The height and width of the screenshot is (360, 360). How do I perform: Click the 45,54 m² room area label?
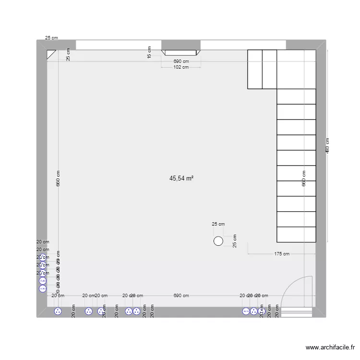tap(181, 178)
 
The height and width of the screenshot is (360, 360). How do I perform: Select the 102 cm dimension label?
tap(180, 67)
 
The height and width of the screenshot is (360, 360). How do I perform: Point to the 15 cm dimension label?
tap(149, 52)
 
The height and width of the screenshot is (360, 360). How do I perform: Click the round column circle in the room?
tap(218, 241)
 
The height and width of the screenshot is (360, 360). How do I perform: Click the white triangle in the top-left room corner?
tap(51, 54)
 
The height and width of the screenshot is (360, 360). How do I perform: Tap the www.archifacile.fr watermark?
tap(331, 348)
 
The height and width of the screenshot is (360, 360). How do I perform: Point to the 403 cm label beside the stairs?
tap(327, 145)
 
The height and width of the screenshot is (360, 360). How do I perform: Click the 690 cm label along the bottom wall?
tap(181, 296)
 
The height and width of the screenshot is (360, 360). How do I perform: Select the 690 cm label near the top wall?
tap(181, 61)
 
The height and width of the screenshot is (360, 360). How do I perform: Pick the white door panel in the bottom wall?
tap(296, 312)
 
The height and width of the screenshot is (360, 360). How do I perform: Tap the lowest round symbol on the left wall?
tap(43, 288)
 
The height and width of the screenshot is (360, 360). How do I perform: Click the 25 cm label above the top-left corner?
tap(51, 37)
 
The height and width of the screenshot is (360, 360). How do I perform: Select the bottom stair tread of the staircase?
tap(296, 234)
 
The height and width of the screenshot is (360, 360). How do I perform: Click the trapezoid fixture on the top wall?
tap(180, 53)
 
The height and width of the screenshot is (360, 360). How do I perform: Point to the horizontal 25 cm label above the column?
tap(218, 224)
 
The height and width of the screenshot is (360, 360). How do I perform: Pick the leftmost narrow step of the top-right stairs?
tap(255, 69)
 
